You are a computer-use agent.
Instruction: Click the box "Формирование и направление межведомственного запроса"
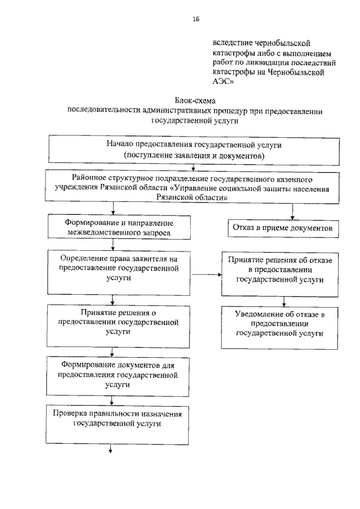point(114,227)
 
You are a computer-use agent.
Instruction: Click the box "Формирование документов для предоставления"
point(114,375)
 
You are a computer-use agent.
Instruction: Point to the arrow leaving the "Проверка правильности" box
point(111,448)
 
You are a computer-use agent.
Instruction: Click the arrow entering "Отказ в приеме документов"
point(307,211)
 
